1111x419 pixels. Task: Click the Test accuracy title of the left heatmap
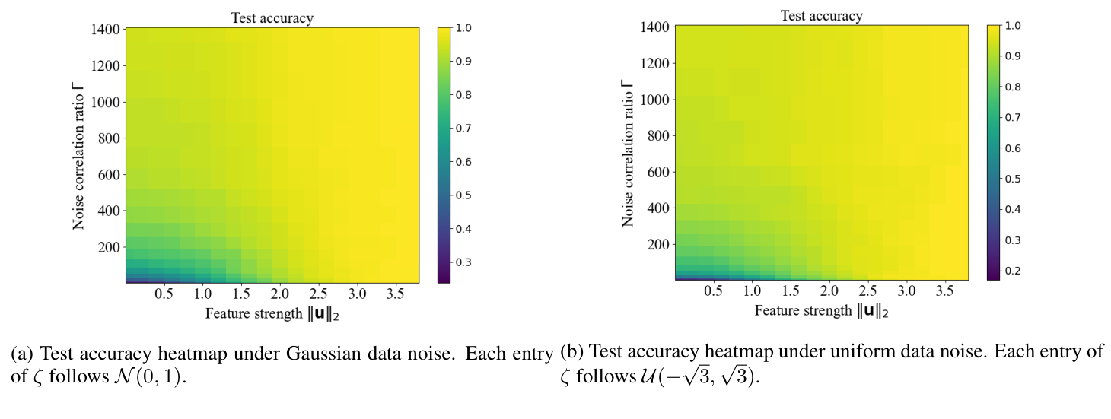(x=272, y=17)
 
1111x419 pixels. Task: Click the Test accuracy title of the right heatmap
(x=822, y=15)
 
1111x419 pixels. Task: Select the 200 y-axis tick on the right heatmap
(x=657, y=244)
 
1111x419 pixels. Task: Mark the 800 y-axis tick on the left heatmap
(x=109, y=138)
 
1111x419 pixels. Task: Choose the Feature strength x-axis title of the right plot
(x=822, y=310)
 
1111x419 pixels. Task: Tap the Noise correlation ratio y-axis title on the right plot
(x=628, y=152)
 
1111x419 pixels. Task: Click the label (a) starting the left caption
(x=21, y=354)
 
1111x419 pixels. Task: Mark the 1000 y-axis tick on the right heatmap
(x=654, y=99)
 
